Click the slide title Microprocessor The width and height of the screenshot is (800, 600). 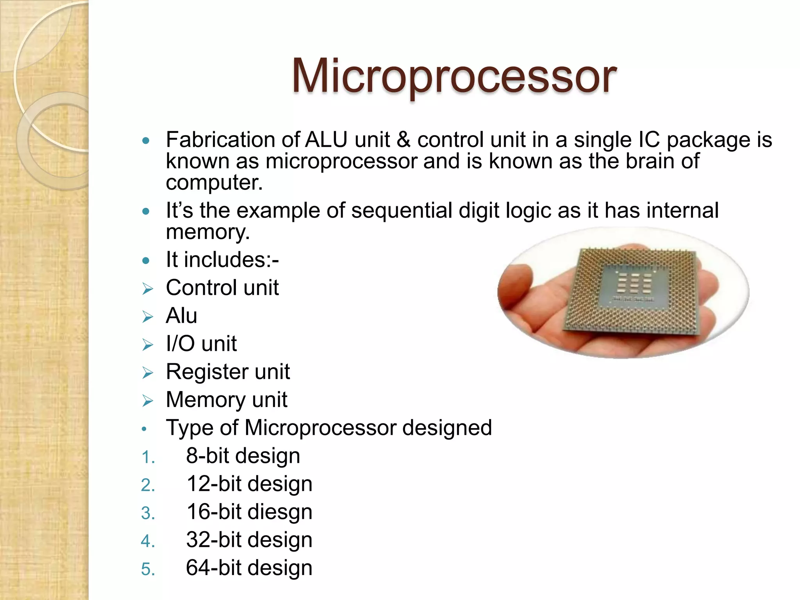pyautogui.click(x=454, y=76)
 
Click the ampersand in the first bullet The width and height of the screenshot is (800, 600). pyautogui.click(x=404, y=140)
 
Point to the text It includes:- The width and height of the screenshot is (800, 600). pyautogui.click(x=222, y=260)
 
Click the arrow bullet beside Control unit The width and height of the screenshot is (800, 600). pyautogui.click(x=148, y=289)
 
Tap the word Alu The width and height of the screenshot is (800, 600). pyautogui.click(x=181, y=316)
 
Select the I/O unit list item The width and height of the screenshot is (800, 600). pyautogui.click(x=201, y=344)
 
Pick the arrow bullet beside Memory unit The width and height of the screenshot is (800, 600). pyautogui.click(x=148, y=401)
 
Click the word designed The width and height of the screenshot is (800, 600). pyautogui.click(x=447, y=428)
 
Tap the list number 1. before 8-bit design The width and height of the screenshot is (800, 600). pyautogui.click(x=148, y=457)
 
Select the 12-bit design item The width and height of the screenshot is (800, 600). pyautogui.click(x=249, y=484)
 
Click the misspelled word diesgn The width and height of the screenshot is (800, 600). pyautogui.click(x=279, y=512)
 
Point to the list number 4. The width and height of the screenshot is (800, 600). pyautogui.click(x=148, y=541)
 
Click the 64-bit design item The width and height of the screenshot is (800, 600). pyautogui.click(x=249, y=568)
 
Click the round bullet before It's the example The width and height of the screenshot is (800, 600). pyautogui.click(x=146, y=211)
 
